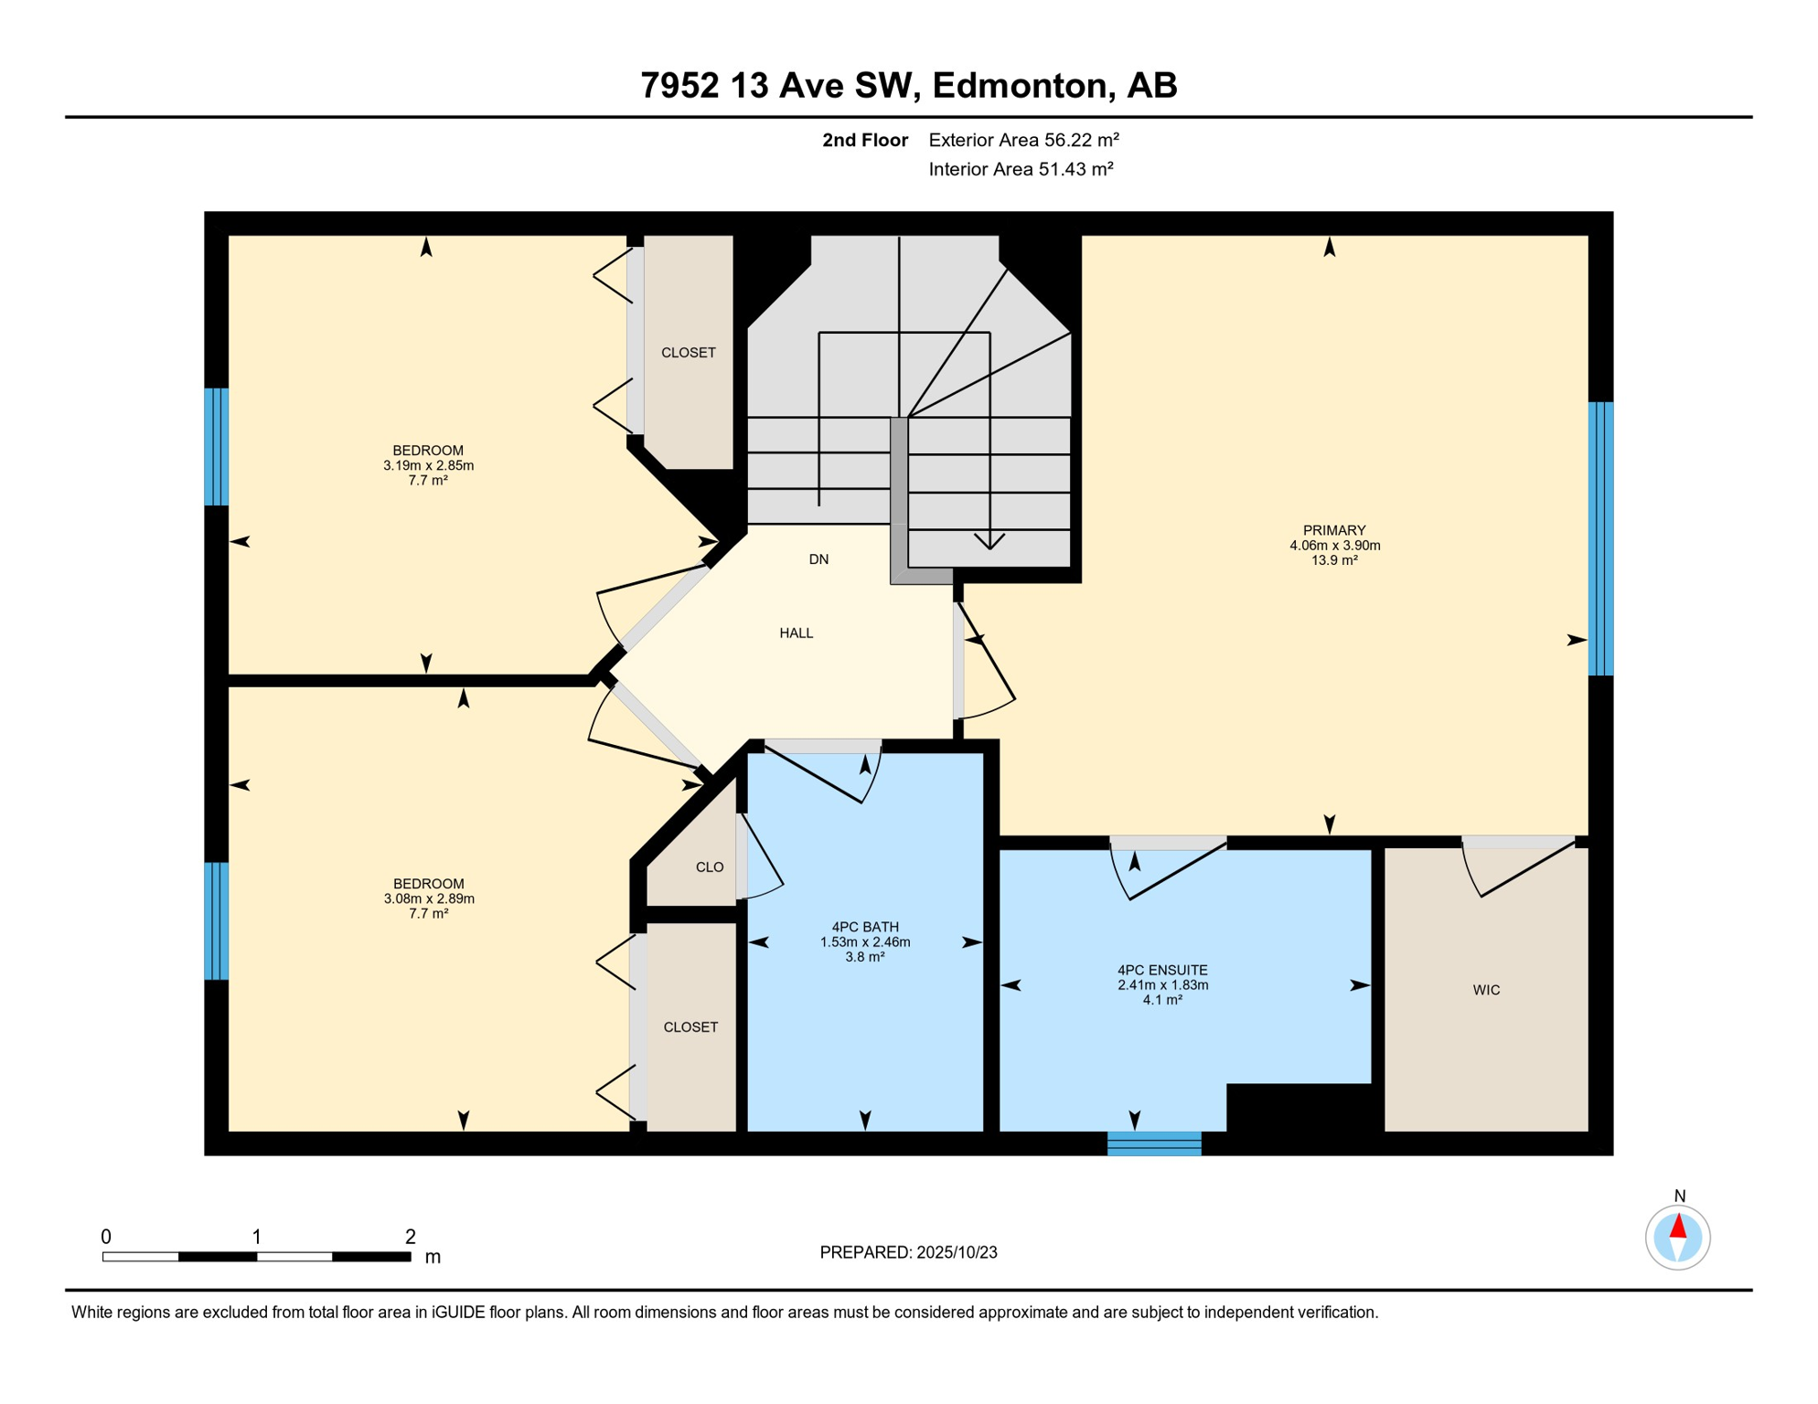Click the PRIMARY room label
pyautogui.click(x=1334, y=530)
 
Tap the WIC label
pyautogui.click(x=1486, y=990)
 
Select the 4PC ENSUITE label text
pyautogui.click(x=1162, y=970)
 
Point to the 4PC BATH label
pyautogui.click(x=865, y=927)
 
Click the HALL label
pyautogui.click(x=797, y=633)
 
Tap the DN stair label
pyautogui.click(x=818, y=559)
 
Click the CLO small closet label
pyautogui.click(x=710, y=867)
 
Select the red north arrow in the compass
pyautogui.click(x=1678, y=1226)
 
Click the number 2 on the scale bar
pyautogui.click(x=411, y=1237)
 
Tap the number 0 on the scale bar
pyautogui.click(x=106, y=1237)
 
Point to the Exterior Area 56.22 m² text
pyautogui.click(x=1024, y=140)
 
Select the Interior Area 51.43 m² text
pyautogui.click(x=1021, y=169)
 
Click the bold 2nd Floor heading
pyautogui.click(x=865, y=140)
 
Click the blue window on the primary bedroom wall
pyautogui.click(x=1600, y=538)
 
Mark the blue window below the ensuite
pyautogui.click(x=1154, y=1143)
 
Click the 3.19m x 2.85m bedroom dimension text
pyautogui.click(x=428, y=465)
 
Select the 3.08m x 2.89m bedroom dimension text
pyautogui.click(x=429, y=899)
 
